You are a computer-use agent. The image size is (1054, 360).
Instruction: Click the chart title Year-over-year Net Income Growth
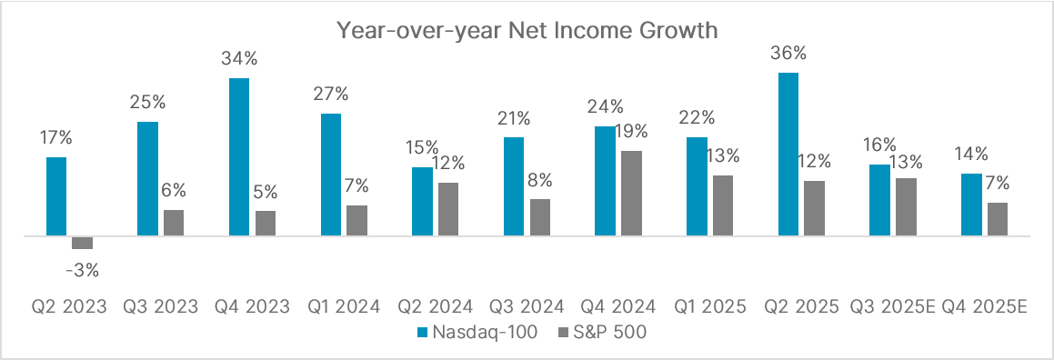527,30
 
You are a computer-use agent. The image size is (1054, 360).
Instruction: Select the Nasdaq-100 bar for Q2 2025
788,155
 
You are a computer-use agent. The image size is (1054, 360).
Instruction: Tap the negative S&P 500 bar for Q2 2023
83,243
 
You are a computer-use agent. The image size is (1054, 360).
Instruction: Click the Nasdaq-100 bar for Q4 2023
239,157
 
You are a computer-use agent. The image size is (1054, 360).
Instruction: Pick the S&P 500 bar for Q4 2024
631,194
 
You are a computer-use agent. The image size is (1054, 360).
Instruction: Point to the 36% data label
788,54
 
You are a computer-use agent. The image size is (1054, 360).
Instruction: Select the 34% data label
239,59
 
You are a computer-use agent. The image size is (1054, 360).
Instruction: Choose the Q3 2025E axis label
892,306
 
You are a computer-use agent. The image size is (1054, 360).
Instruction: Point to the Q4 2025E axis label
985,306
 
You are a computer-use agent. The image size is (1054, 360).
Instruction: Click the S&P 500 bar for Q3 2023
174,223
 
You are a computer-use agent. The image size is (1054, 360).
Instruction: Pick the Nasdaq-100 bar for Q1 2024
331,175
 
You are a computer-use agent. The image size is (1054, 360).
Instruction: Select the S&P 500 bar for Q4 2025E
998,219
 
